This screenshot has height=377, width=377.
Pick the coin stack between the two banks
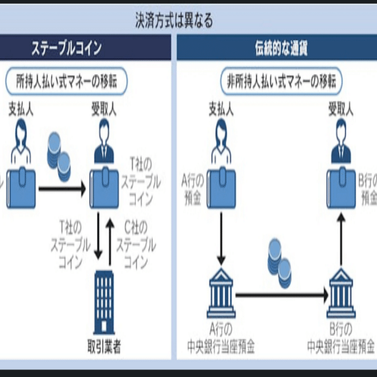click(279, 257)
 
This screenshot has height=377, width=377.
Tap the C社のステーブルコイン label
click(136, 244)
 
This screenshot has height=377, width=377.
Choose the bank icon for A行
click(221, 294)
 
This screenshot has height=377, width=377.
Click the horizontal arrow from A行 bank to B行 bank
click(281, 294)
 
